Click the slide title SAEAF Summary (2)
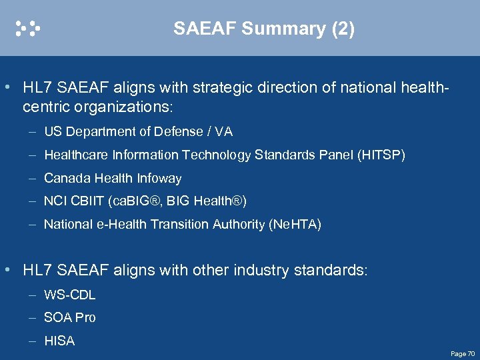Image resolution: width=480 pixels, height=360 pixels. coord(264,28)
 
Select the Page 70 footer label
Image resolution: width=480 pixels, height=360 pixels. coord(462,353)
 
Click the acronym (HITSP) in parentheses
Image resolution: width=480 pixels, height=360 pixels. coord(381,155)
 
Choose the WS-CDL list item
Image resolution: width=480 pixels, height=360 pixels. coord(69,295)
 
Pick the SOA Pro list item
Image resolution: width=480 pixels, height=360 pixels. coord(69,318)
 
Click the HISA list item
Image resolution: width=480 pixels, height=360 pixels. coord(59,341)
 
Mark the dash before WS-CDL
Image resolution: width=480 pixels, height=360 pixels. coord(32,295)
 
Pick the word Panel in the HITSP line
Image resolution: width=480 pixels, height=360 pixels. coord(337,155)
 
